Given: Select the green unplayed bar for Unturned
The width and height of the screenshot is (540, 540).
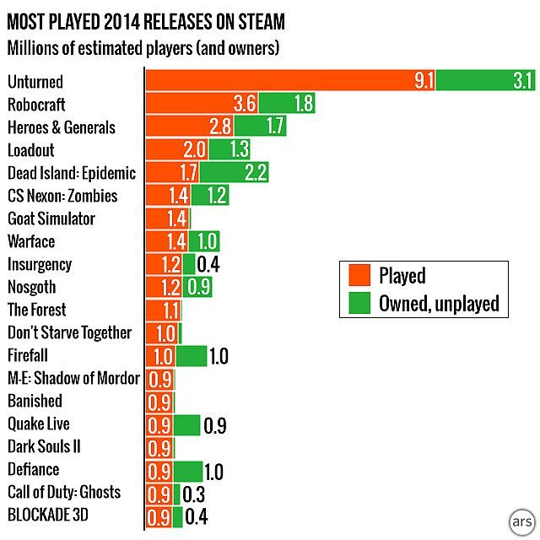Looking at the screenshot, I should point(486,81).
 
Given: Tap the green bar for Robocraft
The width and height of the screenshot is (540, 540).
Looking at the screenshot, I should point(287,104).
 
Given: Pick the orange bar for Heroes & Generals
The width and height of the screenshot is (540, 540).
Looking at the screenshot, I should point(190,127).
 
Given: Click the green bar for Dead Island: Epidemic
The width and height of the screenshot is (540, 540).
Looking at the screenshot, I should point(235,172).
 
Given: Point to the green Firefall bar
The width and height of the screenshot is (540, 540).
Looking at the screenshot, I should point(192,355).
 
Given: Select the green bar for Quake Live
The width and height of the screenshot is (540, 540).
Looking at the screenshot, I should point(186,424).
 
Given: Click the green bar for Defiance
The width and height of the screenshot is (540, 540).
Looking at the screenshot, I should point(188,469).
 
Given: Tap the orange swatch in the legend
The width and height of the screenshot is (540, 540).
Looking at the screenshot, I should point(358,276).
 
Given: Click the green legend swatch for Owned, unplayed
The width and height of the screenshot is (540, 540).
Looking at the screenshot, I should point(358,302).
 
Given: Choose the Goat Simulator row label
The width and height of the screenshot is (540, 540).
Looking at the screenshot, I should point(51,219).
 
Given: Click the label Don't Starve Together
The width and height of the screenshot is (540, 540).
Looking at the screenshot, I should point(69,332).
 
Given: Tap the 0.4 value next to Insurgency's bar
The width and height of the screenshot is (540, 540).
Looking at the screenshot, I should point(208,264).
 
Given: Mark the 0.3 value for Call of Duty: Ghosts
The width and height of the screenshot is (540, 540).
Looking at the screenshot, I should point(193,493).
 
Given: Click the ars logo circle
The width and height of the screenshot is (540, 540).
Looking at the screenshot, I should point(522,521).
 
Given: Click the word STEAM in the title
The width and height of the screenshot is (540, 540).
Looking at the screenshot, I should point(260,19).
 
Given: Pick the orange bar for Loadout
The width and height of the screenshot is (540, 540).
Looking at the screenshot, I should point(175,149).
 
